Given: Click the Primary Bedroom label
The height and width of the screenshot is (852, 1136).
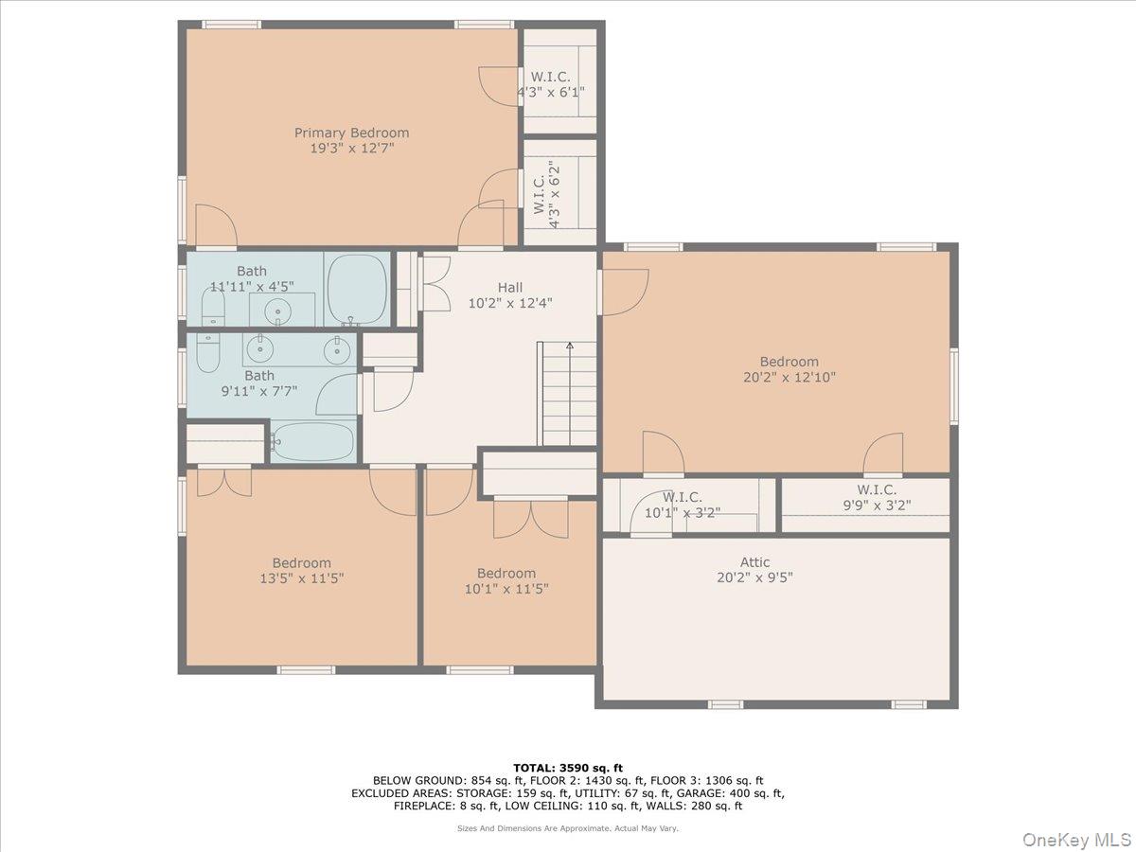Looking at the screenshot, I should click(351, 133).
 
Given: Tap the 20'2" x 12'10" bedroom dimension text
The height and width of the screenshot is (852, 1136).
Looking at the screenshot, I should click(789, 377).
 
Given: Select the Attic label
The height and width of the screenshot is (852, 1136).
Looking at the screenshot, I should click(754, 562).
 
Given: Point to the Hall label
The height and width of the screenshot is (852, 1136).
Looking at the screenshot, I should click(509, 288).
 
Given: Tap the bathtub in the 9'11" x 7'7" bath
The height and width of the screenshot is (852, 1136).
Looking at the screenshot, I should click(312, 441).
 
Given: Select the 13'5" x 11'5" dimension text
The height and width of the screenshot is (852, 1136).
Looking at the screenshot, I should click(301, 577).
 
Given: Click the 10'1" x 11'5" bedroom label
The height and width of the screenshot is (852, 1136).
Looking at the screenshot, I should click(506, 573).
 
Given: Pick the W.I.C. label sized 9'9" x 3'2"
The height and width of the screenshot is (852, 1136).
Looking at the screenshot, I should click(877, 489).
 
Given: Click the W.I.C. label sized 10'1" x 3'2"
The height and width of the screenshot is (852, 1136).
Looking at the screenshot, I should click(682, 497).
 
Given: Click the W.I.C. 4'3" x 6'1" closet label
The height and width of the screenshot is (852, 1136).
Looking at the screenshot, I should click(549, 77).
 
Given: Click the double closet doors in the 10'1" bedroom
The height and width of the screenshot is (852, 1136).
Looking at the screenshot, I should click(531, 518).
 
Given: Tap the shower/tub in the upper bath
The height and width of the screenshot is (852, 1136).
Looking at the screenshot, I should click(357, 290).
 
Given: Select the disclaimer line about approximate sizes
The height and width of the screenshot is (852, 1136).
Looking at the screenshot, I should click(568, 828).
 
